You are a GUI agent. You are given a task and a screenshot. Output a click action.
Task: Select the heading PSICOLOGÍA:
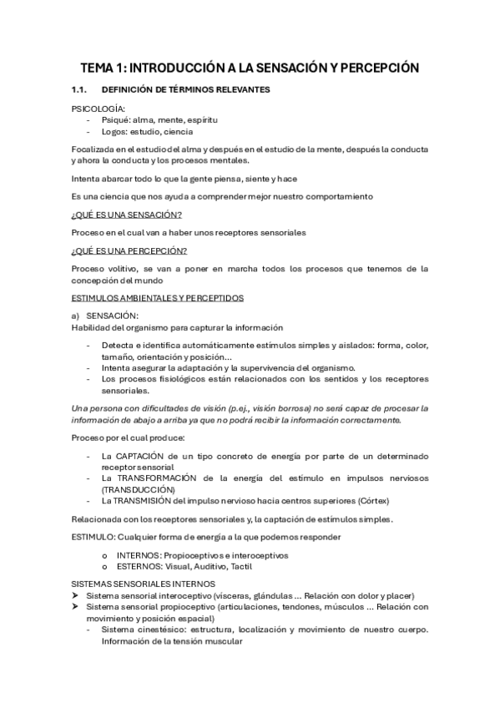pyautogui.click(x=98, y=109)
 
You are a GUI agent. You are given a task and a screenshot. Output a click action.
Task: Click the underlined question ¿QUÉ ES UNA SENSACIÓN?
pyautogui.click(x=126, y=215)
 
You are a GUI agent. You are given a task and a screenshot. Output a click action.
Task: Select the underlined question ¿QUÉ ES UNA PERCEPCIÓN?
pyautogui.click(x=129, y=250)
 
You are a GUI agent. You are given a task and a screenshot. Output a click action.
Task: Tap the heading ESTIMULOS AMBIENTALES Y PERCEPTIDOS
pyautogui.click(x=157, y=296)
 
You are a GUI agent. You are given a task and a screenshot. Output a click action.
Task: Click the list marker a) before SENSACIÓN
pyautogui.click(x=76, y=315)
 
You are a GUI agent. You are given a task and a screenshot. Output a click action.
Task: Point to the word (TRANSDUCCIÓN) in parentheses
pyautogui.click(x=139, y=488)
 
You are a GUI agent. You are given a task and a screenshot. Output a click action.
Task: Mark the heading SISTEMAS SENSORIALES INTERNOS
pyautogui.click(x=144, y=584)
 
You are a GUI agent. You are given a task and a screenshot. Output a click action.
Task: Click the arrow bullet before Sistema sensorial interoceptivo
pyautogui.click(x=76, y=595)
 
